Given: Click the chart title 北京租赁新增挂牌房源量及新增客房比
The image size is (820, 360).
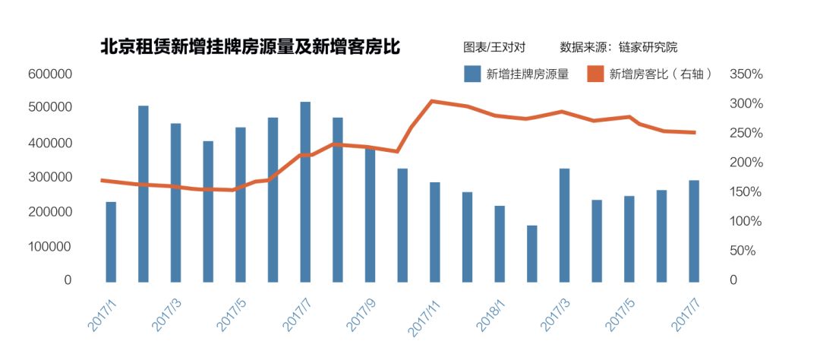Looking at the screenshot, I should pyautogui.click(x=251, y=47).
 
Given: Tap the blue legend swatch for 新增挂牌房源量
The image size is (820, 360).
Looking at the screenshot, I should pyautogui.click(x=471, y=74).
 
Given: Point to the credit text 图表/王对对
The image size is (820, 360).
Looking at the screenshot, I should pyautogui.click(x=494, y=47).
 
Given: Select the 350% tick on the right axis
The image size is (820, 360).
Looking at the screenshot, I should pyautogui.click(x=746, y=74).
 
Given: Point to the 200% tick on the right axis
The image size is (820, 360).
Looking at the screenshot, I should pyautogui.click(x=746, y=163).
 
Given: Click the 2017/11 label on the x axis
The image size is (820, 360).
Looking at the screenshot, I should pyautogui.click(x=425, y=314).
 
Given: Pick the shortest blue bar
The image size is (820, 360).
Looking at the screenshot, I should pyautogui.click(x=532, y=253).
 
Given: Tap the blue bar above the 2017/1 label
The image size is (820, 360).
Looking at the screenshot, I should pyautogui.click(x=111, y=241).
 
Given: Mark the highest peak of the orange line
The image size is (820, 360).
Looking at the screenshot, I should pyautogui.click(x=431, y=101).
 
